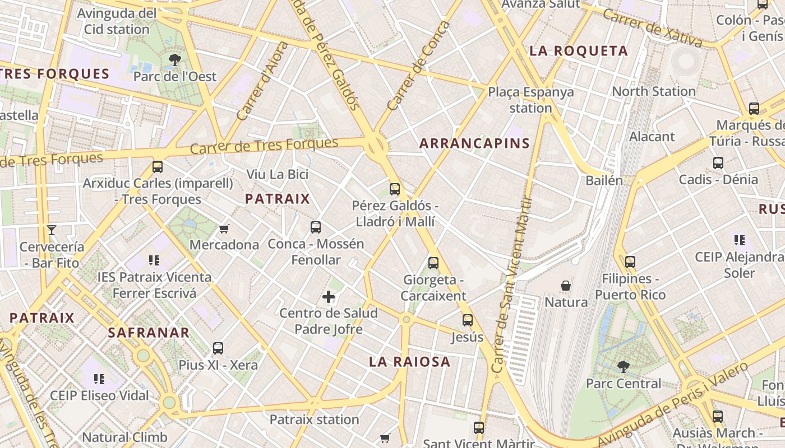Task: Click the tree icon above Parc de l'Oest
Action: pyautogui.click(x=175, y=59)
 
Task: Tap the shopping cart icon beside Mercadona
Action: pyautogui.click(x=224, y=228)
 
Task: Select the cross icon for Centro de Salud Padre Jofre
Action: pyautogui.click(x=329, y=297)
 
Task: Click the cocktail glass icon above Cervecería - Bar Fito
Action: pyautogui.click(x=52, y=230)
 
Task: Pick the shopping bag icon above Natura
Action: pyautogui.click(x=566, y=286)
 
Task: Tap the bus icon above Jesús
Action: pyautogui.click(x=468, y=320)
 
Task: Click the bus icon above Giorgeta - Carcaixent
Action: pyautogui.click(x=433, y=263)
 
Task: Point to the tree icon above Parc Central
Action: pyautogui.click(x=623, y=367)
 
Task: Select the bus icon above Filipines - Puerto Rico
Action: pyautogui.click(x=630, y=262)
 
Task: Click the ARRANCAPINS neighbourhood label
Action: pyautogui.click(x=474, y=143)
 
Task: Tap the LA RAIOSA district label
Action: pyautogui.click(x=409, y=362)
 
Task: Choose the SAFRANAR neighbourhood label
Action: pyautogui.click(x=149, y=333)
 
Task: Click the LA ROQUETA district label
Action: pyautogui.click(x=579, y=51)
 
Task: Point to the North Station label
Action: pyautogui.click(x=653, y=91)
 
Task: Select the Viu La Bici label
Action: pyautogui.click(x=278, y=174)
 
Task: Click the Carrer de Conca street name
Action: pyautogui.click(x=418, y=66)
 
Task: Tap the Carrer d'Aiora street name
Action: pyautogui.click(x=262, y=82)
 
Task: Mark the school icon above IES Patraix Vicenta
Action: pyautogui.click(x=154, y=260)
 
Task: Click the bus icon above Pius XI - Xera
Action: pyautogui.click(x=218, y=348)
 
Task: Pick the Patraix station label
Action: pyautogui.click(x=314, y=419)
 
